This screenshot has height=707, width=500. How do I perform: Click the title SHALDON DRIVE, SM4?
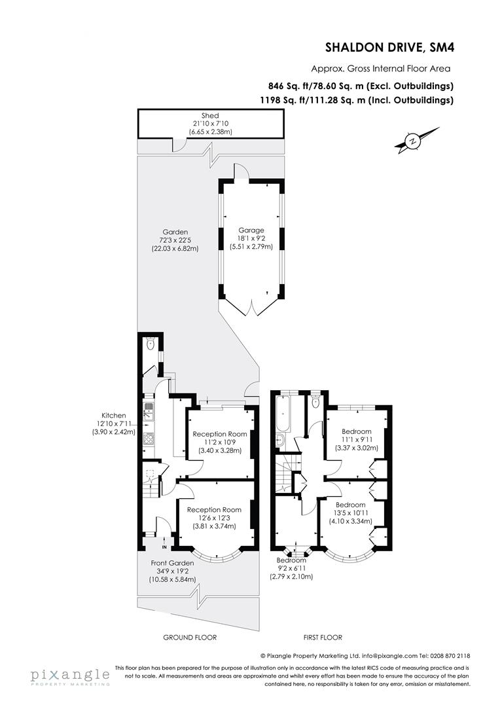pos(389,47)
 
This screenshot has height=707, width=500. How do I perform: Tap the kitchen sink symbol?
pos(149,412)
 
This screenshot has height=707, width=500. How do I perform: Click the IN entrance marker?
pos(164,547)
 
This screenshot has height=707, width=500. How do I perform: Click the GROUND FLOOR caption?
pos(189,637)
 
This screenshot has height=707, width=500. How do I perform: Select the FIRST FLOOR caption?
pos(323,637)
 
